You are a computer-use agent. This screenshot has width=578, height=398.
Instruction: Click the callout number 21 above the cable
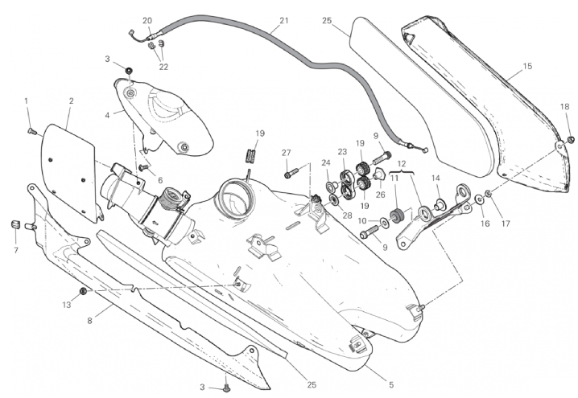tap(283, 21)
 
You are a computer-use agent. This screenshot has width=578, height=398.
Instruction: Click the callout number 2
tap(71, 101)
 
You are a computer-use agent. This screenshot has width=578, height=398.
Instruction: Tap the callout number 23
tap(342, 151)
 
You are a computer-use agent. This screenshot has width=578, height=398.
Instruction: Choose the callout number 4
tap(108, 114)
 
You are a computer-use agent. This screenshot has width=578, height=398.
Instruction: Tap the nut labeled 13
tap(83, 290)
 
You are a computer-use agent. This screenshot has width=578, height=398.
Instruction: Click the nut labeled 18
tap(571, 139)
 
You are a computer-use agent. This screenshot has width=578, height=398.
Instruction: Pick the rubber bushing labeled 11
tap(395, 215)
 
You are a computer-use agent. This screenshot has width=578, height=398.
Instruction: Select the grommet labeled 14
tap(440, 202)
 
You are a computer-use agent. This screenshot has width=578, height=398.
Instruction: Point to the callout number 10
tap(361, 220)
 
